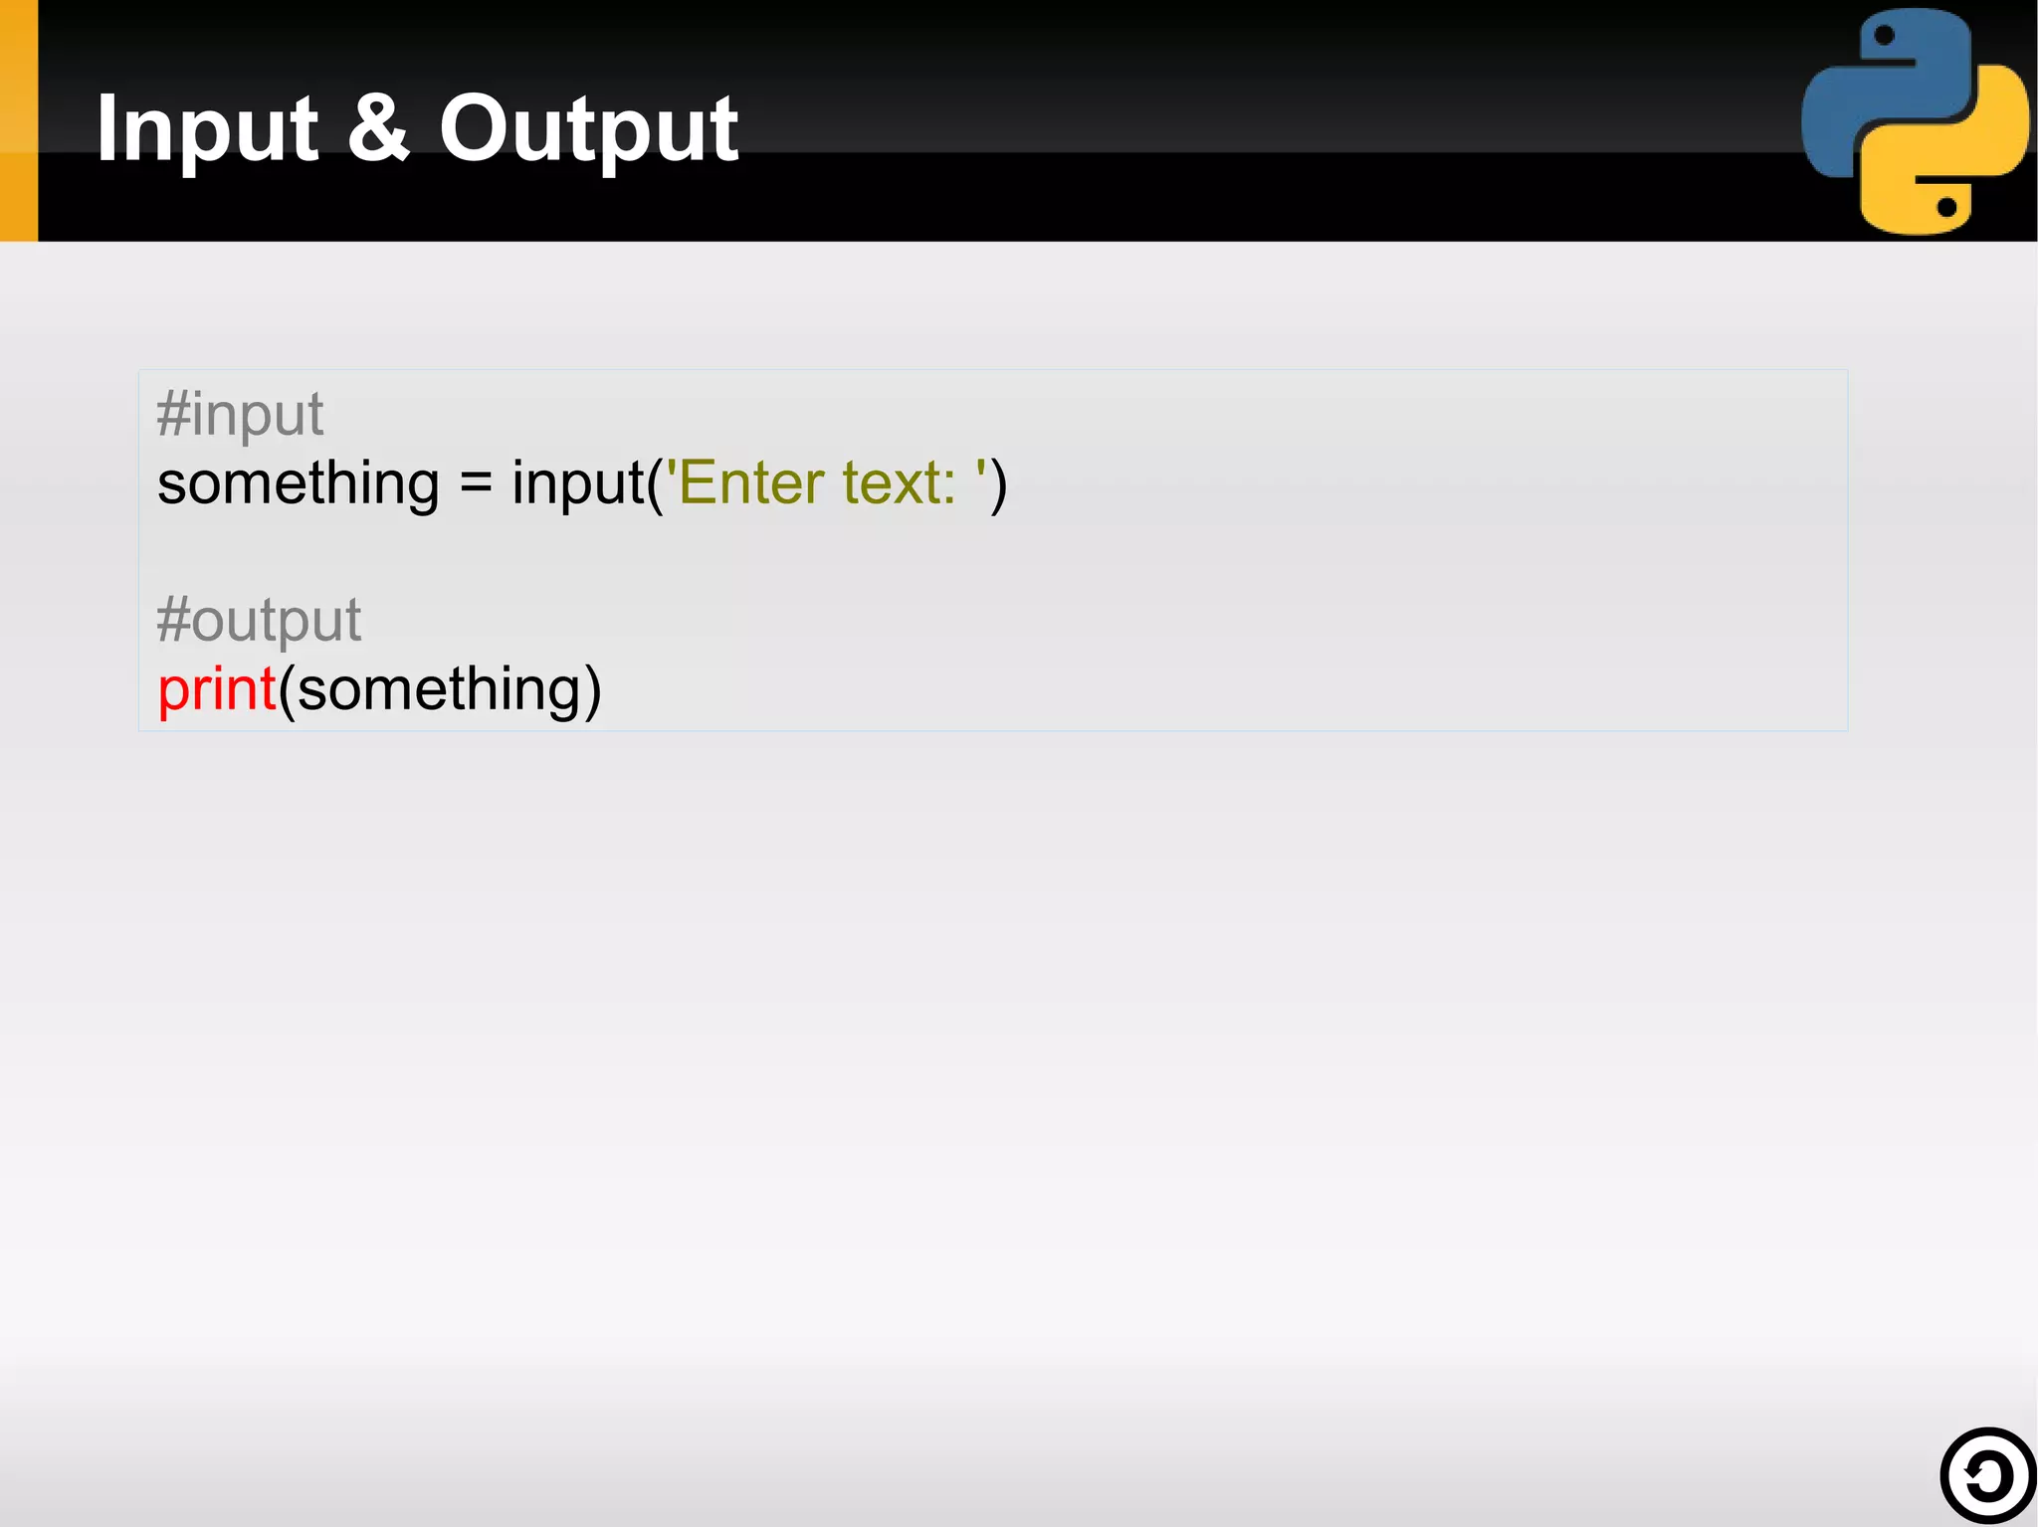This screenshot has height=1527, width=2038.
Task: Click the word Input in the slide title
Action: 207,129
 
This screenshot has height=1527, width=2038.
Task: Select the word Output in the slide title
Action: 588,129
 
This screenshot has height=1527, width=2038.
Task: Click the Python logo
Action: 1915,121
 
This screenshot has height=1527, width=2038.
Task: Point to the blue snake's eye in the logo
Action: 1884,37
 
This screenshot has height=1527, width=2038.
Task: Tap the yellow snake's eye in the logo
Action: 1947,207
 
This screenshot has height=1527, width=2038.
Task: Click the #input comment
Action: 240,414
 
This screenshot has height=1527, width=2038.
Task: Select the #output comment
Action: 259,620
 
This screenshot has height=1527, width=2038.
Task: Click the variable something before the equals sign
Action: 298,484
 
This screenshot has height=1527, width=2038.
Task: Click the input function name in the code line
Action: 578,484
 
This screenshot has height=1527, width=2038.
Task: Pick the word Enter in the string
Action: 751,484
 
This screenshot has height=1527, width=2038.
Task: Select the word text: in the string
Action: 899,484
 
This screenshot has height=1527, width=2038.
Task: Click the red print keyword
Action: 216,689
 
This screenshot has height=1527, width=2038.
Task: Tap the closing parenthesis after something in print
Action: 592,689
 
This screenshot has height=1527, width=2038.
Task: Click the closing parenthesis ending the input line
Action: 998,484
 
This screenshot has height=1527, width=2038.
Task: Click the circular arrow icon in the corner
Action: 1987,1476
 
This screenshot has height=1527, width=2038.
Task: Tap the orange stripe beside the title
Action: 18,120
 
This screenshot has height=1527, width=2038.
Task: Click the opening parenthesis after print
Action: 287,689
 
